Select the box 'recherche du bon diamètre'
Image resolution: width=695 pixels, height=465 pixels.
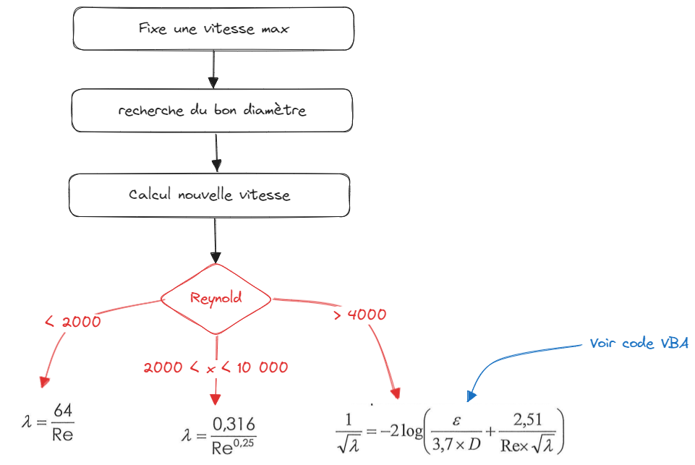[x=212, y=111]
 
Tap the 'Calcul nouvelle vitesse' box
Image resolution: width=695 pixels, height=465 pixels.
[x=209, y=195]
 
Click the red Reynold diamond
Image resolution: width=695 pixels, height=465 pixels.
[x=216, y=298]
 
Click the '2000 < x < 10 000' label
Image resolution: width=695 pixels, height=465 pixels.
[x=216, y=367]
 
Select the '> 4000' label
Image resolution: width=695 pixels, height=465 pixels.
[x=360, y=315]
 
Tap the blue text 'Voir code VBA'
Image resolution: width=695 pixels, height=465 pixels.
[x=639, y=344]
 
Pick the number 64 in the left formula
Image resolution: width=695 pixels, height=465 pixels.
[x=63, y=411]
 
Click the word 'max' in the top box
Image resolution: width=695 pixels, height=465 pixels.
[x=276, y=29]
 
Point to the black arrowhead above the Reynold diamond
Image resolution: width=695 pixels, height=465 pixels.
[x=215, y=257]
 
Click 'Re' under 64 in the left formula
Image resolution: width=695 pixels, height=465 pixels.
[x=63, y=435]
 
